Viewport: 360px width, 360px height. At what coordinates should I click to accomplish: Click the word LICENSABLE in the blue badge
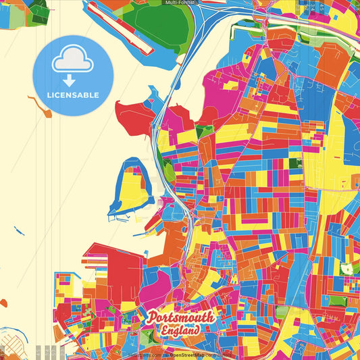tap(73, 95)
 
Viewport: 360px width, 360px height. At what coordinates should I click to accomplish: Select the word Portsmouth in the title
tap(180, 317)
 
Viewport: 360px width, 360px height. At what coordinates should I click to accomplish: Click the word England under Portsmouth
tap(180, 331)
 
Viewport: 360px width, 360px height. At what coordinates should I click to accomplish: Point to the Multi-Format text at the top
tap(179, 3)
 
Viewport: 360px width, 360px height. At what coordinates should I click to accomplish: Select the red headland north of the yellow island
tap(135, 117)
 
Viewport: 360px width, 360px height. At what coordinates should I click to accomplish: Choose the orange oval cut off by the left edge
tap(3, 303)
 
